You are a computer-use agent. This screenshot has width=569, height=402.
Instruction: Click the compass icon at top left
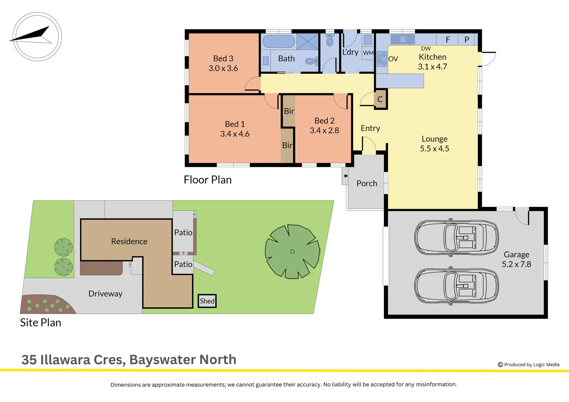(x=37, y=36)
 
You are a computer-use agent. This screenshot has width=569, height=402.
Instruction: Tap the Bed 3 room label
(x=223, y=58)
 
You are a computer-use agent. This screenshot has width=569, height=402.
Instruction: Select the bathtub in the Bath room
(x=279, y=41)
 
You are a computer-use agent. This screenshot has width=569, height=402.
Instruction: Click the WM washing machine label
(x=368, y=53)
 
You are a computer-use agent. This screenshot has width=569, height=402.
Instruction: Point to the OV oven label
(x=393, y=59)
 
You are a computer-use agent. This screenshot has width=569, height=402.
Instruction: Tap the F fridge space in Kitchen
(x=448, y=39)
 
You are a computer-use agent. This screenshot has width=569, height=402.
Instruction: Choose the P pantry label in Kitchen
(x=467, y=39)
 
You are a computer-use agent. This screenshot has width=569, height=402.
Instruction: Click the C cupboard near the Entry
(x=380, y=99)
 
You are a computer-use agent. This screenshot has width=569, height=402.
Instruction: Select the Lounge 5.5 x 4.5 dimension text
(x=435, y=149)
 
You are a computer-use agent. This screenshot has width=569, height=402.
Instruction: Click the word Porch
(x=367, y=183)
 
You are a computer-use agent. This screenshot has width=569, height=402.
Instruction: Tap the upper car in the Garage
(x=457, y=237)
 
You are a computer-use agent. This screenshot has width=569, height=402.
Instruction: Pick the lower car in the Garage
(x=457, y=286)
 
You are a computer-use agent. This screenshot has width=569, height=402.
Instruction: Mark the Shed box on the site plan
(x=207, y=301)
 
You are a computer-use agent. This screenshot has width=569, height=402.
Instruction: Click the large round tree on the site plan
(x=292, y=251)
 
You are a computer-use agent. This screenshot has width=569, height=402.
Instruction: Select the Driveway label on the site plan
(x=105, y=294)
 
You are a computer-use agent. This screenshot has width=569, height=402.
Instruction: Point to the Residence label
(x=129, y=241)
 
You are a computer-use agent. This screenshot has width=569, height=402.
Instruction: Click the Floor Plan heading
(x=208, y=180)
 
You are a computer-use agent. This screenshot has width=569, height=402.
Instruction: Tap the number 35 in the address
(x=29, y=360)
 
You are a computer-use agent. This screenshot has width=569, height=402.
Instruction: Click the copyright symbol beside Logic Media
(x=500, y=365)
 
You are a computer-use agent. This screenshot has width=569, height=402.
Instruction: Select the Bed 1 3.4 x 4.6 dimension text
(x=235, y=134)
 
